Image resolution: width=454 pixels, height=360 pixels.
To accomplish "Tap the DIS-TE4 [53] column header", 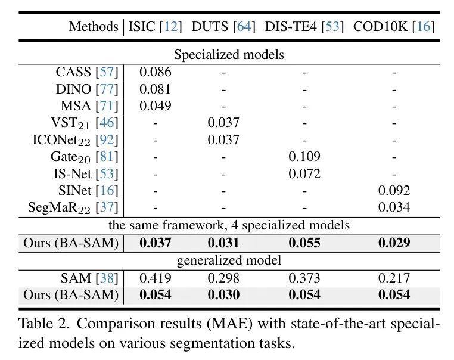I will click(304, 27).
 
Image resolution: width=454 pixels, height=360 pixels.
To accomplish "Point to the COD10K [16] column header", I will click(393, 27).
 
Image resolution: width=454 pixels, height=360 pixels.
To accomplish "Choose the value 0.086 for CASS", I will click(156, 73).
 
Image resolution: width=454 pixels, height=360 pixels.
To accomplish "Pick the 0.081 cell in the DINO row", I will click(156, 89).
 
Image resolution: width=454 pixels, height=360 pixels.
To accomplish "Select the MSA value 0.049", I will click(156, 106).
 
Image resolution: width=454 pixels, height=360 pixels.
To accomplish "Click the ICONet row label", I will click(75, 141).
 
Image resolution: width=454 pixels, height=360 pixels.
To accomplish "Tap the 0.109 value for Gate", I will click(304, 157).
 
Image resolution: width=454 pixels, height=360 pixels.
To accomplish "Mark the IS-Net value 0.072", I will click(304, 174).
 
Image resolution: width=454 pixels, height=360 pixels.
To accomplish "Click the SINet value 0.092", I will click(394, 191).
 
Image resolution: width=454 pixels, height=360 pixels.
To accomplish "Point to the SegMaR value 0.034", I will click(394, 207).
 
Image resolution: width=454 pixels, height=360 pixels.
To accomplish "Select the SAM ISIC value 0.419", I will click(156, 278).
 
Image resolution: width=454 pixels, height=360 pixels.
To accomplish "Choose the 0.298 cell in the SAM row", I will click(223, 278).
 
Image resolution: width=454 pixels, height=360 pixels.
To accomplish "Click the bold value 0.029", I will click(394, 243).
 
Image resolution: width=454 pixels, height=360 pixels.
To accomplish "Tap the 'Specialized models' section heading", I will click(229, 55).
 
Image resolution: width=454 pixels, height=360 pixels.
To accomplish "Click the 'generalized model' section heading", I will click(229, 260).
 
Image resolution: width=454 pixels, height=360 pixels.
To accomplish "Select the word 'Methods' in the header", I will click(94, 27).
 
